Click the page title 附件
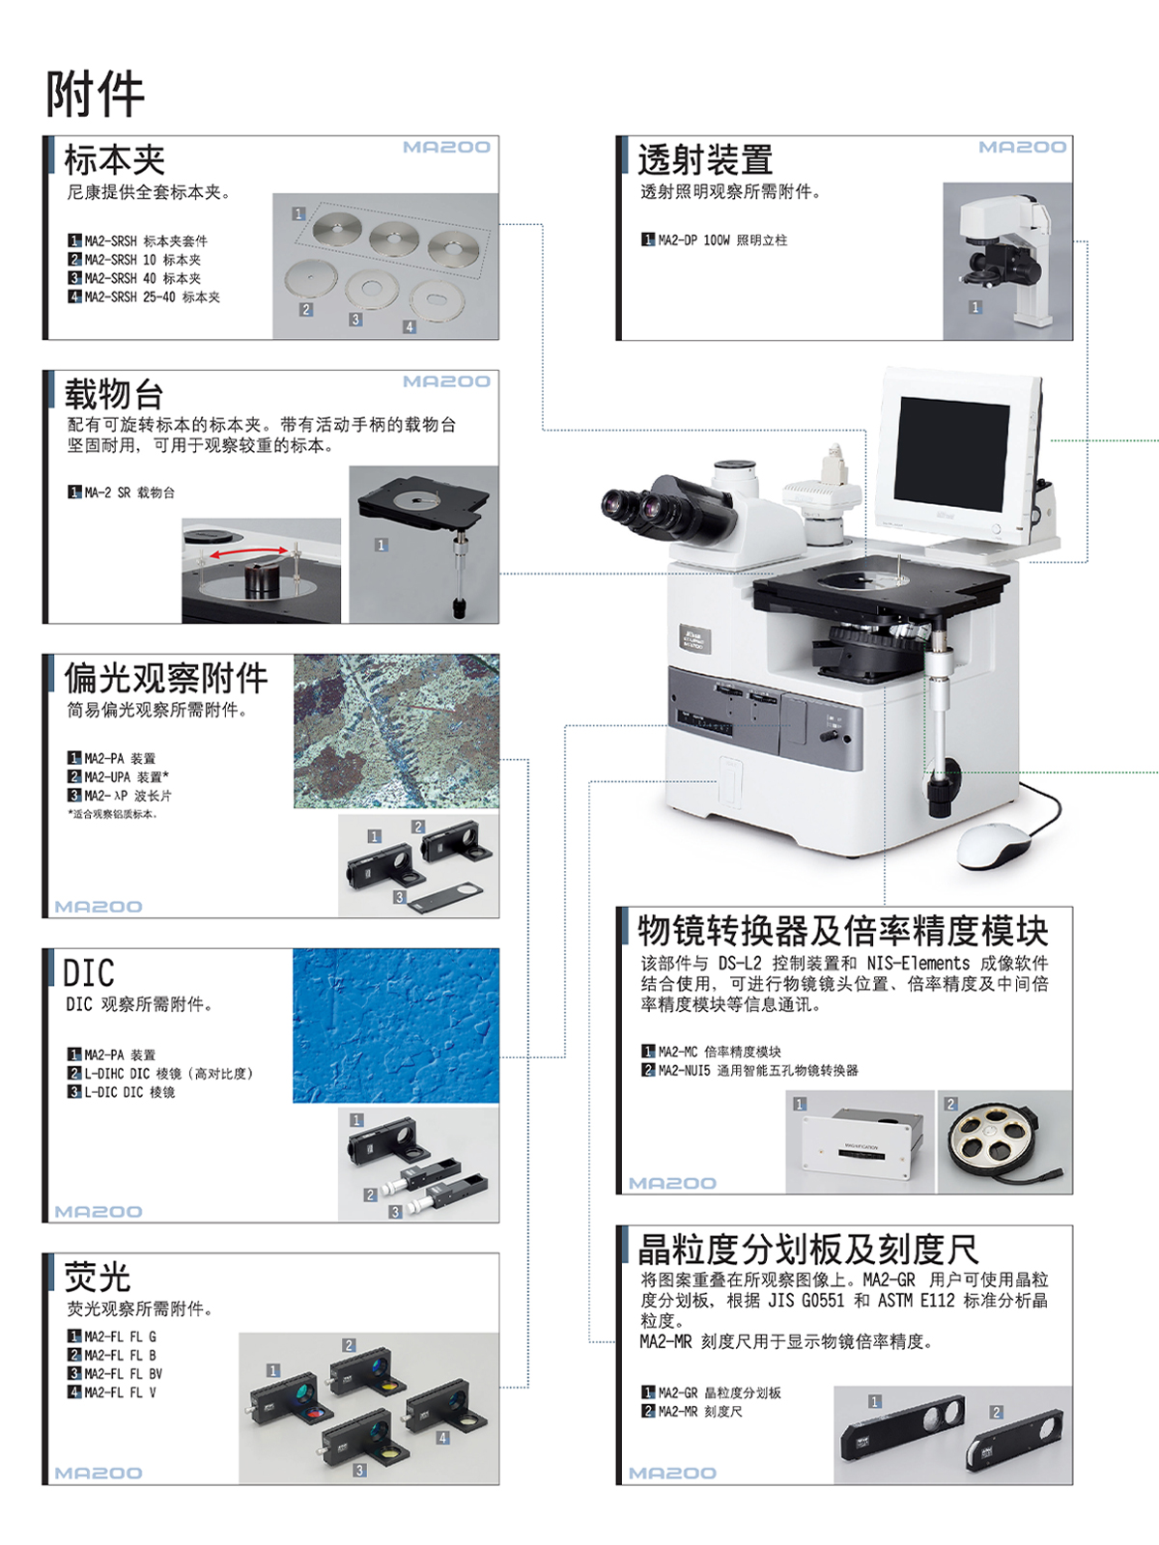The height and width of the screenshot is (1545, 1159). pyautogui.click(x=95, y=94)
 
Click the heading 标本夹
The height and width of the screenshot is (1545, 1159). pyautogui.click(x=115, y=160)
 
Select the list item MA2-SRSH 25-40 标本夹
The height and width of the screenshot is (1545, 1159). pyautogui.click(x=144, y=297)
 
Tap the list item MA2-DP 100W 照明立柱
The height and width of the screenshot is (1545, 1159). pyautogui.click(x=715, y=240)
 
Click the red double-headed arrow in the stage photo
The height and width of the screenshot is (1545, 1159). pyautogui.click(x=250, y=552)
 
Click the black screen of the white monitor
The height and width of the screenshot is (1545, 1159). pyautogui.click(x=953, y=454)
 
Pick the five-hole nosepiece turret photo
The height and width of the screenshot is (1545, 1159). pyautogui.click(x=1004, y=1141)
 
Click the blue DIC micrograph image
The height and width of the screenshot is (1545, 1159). pyautogui.click(x=396, y=1025)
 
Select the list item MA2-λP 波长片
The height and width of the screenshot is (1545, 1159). pyautogui.click(x=120, y=796)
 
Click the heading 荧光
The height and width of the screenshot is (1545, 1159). pyautogui.click(x=98, y=1277)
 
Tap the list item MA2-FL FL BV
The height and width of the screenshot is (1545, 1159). pyautogui.click(x=115, y=1373)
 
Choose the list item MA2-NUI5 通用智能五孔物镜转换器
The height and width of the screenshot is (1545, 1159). pyautogui.click(x=750, y=1070)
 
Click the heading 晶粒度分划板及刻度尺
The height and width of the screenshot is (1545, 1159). pyautogui.click(x=808, y=1250)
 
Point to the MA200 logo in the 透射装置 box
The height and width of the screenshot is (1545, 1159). pyautogui.click(x=1023, y=147)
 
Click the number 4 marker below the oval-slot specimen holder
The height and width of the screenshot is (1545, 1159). pyautogui.click(x=410, y=326)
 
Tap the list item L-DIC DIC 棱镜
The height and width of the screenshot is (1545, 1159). pyautogui.click(x=122, y=1092)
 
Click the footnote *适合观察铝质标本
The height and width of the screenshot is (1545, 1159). pyautogui.click(x=113, y=814)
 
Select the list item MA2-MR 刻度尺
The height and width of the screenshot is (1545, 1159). pyautogui.click(x=692, y=1411)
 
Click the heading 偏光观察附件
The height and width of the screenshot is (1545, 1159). pyautogui.click(x=166, y=678)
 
